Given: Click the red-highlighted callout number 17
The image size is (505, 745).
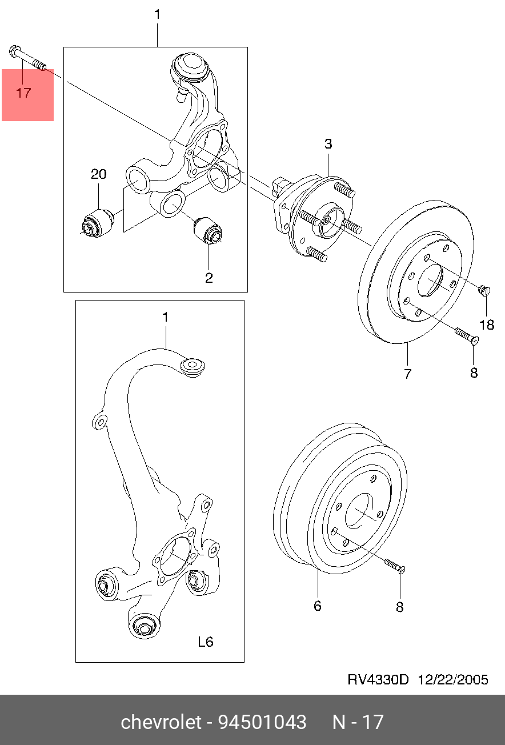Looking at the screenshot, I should (x=23, y=93).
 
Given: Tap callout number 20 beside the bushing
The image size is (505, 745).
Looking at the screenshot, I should (x=99, y=174).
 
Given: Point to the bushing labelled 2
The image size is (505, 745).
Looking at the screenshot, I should (x=208, y=230).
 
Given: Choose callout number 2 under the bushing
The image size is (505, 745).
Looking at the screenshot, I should (x=209, y=278).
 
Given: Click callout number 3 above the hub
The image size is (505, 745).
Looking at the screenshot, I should (x=328, y=144).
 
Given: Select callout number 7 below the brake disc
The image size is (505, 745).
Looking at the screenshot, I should (x=408, y=374).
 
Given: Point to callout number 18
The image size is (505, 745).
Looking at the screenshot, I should (x=486, y=325).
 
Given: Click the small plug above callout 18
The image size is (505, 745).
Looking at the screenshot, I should (x=485, y=291).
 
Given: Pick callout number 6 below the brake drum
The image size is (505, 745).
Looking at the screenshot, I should (x=318, y=606).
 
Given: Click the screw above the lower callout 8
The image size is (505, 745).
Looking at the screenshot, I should (x=394, y=566).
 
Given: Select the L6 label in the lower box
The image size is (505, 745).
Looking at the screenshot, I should (x=205, y=642).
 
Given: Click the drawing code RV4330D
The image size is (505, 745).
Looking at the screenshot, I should (x=379, y=679).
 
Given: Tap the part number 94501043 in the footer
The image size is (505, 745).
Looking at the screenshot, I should (x=262, y=722).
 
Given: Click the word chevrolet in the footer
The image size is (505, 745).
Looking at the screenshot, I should (x=162, y=722).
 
